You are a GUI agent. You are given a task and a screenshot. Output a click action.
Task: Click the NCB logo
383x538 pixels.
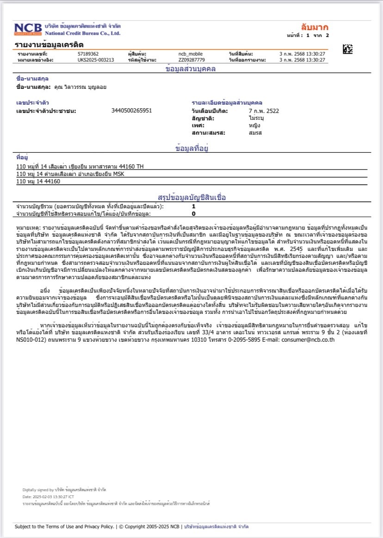tap(28, 29)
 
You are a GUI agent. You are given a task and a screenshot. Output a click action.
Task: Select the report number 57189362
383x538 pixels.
tap(88, 54)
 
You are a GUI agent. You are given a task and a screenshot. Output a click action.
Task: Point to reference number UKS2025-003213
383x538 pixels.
tap(96, 60)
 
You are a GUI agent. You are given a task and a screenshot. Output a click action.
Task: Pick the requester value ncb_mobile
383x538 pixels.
tap(191, 54)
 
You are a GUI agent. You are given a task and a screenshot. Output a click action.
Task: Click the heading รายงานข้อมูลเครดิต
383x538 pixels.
tap(49, 44)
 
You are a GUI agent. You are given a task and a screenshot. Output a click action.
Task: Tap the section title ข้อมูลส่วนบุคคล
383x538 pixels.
tap(191, 69)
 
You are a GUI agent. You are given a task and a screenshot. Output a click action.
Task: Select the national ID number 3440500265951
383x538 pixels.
tap(131, 111)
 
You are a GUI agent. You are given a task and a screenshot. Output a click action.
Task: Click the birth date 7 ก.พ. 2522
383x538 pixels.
tap(264, 111)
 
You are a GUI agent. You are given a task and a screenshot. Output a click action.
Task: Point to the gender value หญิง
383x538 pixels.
tap(254, 125)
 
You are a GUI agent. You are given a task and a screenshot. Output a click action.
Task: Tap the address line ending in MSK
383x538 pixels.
tap(71, 174)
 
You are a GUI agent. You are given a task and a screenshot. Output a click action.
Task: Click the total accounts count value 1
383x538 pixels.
tap(193, 206)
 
